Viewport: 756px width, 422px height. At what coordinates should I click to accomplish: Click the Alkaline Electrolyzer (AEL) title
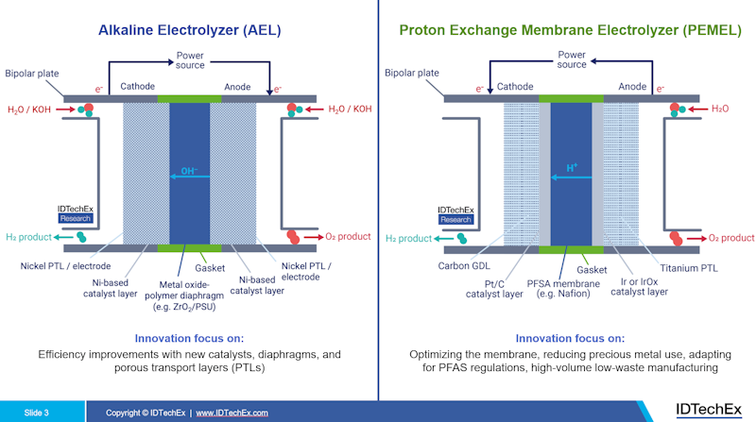pos(189,30)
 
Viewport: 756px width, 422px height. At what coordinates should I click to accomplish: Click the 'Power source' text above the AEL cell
pos(190,59)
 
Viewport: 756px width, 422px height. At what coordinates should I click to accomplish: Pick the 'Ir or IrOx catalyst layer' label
pos(638,287)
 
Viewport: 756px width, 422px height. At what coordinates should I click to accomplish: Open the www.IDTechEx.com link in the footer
pos(232,413)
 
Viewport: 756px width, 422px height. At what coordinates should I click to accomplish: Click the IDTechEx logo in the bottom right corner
pos(709,409)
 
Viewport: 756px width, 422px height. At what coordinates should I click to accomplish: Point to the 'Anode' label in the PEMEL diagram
pos(632,87)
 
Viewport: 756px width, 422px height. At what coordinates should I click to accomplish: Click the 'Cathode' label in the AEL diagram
pos(138,87)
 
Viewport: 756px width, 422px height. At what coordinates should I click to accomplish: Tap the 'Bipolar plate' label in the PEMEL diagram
pos(413,73)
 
